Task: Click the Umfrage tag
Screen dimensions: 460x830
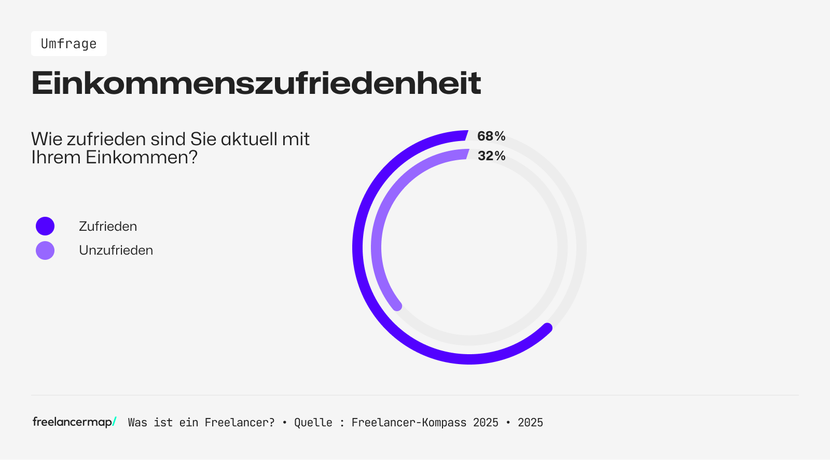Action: (x=68, y=44)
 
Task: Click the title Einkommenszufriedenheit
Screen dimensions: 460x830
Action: (x=256, y=83)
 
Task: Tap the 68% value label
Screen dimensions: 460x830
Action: (x=491, y=136)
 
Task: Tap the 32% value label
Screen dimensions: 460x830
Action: (x=491, y=156)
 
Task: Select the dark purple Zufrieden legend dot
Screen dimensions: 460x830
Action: (x=45, y=226)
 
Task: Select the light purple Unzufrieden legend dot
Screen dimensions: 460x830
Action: (x=45, y=250)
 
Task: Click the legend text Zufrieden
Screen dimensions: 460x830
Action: (x=108, y=226)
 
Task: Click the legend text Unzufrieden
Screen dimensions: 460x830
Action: (x=116, y=250)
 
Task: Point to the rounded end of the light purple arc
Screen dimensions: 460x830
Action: (x=397, y=306)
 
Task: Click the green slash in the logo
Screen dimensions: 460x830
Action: (x=114, y=422)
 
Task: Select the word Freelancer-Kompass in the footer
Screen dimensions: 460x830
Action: (x=409, y=423)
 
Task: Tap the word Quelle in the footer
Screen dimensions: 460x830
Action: (x=313, y=423)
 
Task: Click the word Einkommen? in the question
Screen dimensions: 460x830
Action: (x=142, y=157)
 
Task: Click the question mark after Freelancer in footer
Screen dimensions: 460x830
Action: (x=272, y=423)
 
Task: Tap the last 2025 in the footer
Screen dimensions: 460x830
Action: (x=530, y=423)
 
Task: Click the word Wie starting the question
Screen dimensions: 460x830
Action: (x=47, y=139)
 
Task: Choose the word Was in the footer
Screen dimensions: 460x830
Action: (x=137, y=423)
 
